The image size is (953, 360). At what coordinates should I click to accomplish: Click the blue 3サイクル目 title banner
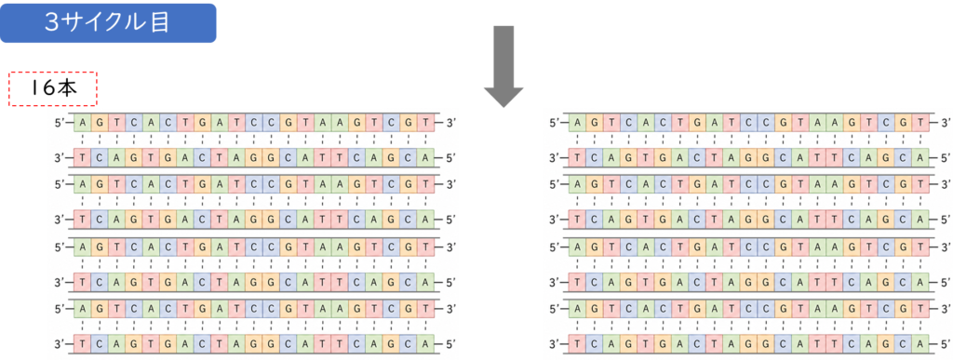[108, 23]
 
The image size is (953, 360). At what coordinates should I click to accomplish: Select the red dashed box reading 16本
[53, 88]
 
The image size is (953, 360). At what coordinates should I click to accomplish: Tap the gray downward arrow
[503, 66]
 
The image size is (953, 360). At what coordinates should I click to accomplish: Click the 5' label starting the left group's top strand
[60, 123]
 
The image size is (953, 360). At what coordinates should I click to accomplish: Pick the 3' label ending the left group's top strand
[450, 123]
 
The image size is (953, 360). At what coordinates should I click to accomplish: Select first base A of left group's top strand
[82, 123]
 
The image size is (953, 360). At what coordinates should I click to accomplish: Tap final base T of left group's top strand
[426, 123]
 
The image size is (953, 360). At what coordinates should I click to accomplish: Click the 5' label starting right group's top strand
[555, 123]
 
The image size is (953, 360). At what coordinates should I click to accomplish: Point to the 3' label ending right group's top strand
[946, 123]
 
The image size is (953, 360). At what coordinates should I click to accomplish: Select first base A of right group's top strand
[577, 123]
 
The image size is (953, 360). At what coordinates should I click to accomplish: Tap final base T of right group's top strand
[922, 123]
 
